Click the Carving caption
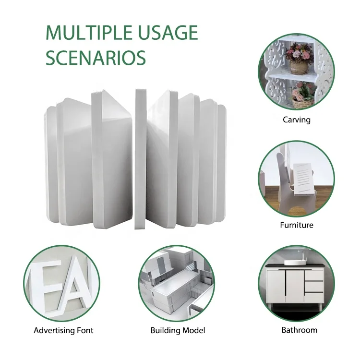point(296,120)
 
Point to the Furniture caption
point(297,225)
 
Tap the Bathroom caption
point(299,330)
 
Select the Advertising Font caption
point(63,330)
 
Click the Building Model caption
point(178,330)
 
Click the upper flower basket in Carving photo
point(298,55)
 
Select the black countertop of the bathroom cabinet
point(297,266)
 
